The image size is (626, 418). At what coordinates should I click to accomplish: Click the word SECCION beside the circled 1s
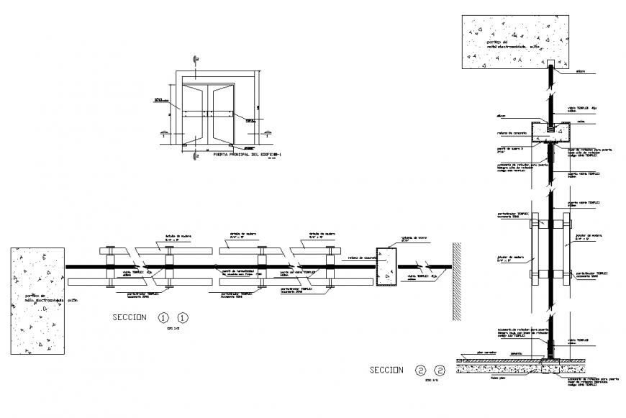[130, 317]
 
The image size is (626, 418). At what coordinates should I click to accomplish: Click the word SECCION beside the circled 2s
[386, 371]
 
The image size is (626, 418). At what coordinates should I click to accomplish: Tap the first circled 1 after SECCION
[164, 317]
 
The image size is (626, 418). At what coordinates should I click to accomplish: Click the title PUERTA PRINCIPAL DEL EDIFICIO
[246, 153]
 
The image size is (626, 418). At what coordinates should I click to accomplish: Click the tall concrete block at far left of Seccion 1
[38, 301]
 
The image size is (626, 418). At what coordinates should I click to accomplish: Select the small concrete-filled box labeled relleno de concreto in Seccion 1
[386, 267]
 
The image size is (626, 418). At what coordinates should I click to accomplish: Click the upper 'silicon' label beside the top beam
[581, 72]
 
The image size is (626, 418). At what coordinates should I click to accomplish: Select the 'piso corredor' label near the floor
[487, 354]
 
